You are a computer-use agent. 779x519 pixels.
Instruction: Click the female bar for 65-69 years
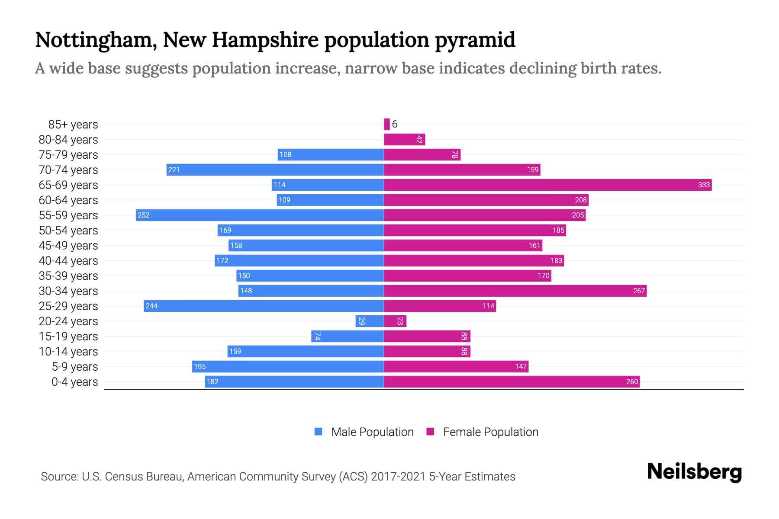(547, 185)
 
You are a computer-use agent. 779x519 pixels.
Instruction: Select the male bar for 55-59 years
(260, 215)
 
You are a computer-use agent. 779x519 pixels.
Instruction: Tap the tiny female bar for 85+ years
(387, 125)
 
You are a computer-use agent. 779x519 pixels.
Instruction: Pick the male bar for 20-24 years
(370, 321)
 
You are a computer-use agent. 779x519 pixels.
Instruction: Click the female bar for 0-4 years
(512, 382)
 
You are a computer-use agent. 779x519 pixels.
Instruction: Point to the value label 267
(639, 291)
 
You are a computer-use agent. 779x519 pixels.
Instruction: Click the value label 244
(151, 306)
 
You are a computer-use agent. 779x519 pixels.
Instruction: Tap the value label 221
(174, 170)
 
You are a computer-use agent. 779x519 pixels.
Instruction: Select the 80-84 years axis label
(68, 140)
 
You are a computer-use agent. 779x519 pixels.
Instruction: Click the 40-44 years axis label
(68, 261)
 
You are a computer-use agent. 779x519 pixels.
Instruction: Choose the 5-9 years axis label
(75, 367)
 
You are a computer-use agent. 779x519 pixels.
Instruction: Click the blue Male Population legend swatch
(319, 432)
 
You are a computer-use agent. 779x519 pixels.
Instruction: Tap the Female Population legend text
(490, 432)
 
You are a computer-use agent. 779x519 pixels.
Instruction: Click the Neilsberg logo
(694, 472)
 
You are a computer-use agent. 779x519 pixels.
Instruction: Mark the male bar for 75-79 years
(331, 155)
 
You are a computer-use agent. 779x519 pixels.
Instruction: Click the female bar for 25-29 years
(440, 306)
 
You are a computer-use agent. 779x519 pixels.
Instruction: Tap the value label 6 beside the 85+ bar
(395, 125)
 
